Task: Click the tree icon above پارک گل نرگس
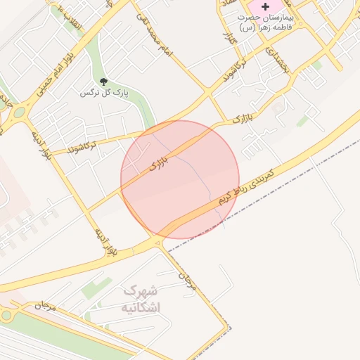tap(103, 82)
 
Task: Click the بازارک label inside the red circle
tap(160, 165)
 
